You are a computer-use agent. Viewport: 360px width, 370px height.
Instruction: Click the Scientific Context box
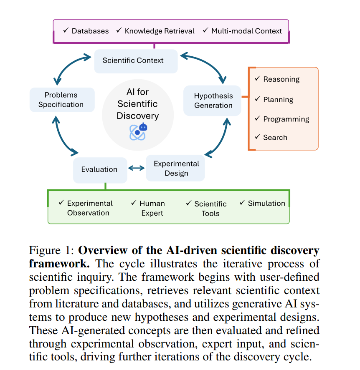tap(133, 60)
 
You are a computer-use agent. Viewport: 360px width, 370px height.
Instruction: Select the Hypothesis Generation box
tap(213, 101)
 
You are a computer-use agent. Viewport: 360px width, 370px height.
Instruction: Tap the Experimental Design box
tap(176, 168)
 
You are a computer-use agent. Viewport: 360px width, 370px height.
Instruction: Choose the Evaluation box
tap(99, 169)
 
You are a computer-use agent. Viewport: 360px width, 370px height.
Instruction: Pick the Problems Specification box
tap(61, 100)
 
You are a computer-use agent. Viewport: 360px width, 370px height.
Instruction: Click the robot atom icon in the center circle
tap(138, 131)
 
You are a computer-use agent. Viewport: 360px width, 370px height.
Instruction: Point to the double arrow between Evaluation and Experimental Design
tap(136, 168)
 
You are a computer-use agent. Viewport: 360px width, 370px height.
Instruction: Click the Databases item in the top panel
tap(90, 31)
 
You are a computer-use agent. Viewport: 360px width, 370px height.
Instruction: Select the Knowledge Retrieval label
tap(160, 31)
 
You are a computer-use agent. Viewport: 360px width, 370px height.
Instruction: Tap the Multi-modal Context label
tap(246, 31)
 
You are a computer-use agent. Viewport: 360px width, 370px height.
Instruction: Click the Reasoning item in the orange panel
tap(281, 79)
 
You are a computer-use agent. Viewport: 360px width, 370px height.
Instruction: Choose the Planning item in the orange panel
tap(278, 99)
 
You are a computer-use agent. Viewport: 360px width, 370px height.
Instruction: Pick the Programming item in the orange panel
tap(286, 119)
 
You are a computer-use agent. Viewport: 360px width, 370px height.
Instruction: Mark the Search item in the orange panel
tap(275, 137)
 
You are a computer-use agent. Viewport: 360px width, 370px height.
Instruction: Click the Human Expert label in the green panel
tap(152, 208)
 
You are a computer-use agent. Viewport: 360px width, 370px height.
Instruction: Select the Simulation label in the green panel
tap(266, 203)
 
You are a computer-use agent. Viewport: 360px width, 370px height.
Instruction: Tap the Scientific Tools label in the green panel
tap(210, 208)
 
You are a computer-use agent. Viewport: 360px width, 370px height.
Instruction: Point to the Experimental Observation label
tap(89, 208)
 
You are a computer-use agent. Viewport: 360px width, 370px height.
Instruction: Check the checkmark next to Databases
tap(66, 30)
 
